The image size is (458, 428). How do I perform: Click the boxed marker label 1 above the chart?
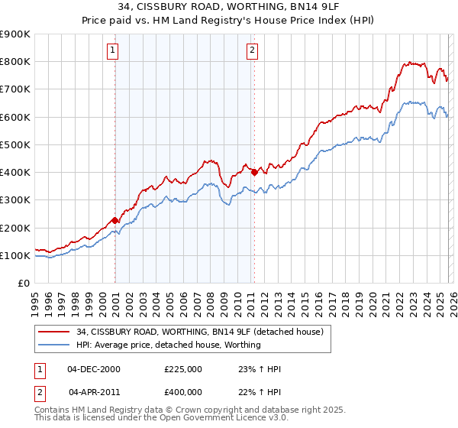[112, 51]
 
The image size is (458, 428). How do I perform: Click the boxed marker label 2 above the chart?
[252, 51]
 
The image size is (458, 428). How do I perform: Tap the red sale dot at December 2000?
[114, 221]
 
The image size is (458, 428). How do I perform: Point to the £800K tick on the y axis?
[15, 62]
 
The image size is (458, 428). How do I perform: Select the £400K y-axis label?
[15, 173]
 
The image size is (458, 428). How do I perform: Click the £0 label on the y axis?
[24, 284]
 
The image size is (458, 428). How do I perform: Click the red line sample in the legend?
[55, 332]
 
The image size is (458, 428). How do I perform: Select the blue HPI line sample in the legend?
[55, 345]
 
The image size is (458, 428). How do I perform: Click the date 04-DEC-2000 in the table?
[93, 369]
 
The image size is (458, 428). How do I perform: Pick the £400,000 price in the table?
[183, 392]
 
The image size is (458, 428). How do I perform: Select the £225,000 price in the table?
[183, 369]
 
